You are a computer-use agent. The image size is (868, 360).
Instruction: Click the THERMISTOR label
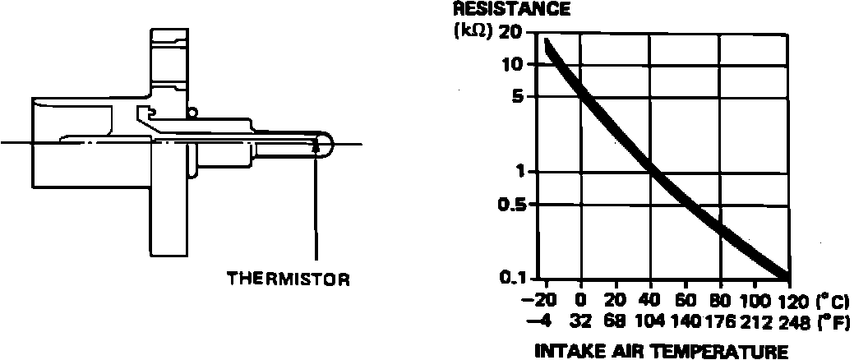tap(288, 279)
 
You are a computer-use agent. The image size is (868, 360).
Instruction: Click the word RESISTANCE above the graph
tap(511, 9)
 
